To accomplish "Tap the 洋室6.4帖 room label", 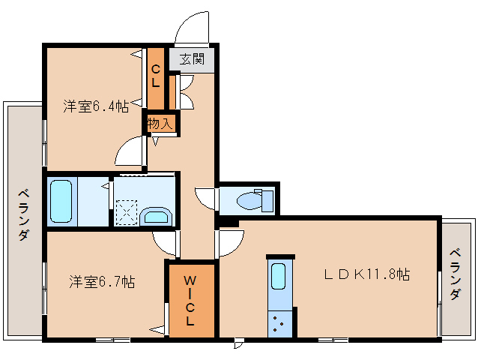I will (x=95, y=106).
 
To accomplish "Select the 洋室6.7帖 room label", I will (x=102, y=282).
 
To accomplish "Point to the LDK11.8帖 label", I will (x=366, y=274).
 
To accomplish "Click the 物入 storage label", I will (x=160, y=123).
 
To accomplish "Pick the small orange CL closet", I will (x=156, y=76).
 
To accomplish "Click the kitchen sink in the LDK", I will (x=279, y=278).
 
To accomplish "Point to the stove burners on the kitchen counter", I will (x=279, y=324).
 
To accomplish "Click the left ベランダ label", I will (x=23, y=214).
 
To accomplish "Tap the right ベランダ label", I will (x=456, y=274).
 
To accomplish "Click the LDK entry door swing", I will (x=231, y=242).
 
